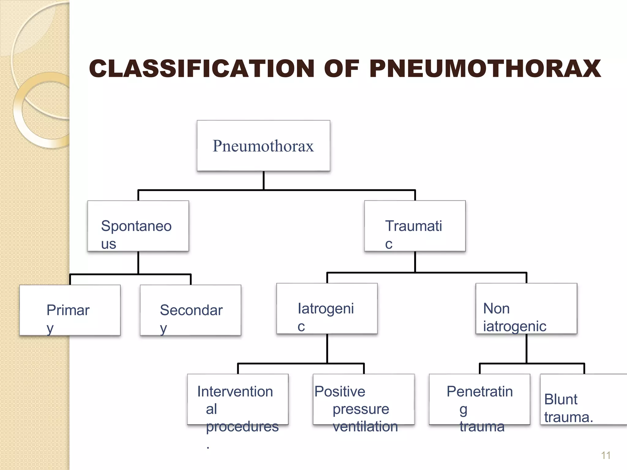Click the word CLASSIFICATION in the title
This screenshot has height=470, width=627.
(201, 69)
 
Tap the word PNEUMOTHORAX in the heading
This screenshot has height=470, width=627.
(485, 69)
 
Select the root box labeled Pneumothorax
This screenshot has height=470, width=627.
(263, 146)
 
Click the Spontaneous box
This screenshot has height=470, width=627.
(138, 226)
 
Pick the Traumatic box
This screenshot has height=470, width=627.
(415, 226)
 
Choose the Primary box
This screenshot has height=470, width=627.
(70, 310)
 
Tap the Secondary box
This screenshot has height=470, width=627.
(190, 310)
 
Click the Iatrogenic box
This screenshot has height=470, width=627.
(327, 308)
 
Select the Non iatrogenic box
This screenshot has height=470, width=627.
(526, 308)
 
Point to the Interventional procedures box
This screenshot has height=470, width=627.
(238, 399)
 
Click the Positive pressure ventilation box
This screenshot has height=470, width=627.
(364, 399)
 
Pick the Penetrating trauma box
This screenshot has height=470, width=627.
(479, 399)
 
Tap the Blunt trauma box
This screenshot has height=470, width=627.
(584, 399)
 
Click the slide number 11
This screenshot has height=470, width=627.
(606, 455)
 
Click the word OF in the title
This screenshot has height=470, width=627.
(342, 69)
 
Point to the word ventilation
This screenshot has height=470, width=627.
(365, 426)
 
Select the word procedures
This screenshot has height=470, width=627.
(242, 426)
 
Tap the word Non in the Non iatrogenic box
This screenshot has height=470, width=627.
(496, 308)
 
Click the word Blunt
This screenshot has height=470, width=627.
(561, 399)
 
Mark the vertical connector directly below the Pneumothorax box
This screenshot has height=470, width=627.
(263, 181)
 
